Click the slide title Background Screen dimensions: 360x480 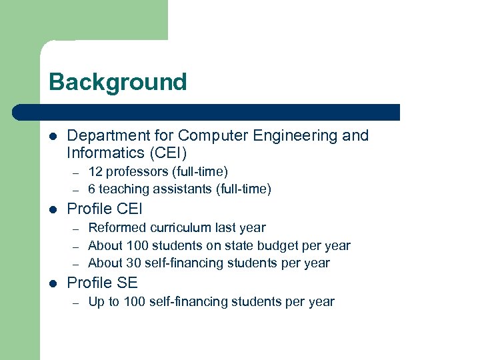(117, 82)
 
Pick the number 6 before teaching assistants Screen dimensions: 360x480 (92, 189)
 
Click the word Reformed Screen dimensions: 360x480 (116, 228)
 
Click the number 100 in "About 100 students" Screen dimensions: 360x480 (135, 245)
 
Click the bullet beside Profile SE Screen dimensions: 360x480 (54, 283)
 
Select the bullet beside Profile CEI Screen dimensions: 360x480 (54, 210)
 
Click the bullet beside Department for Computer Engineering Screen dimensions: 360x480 (54, 137)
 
